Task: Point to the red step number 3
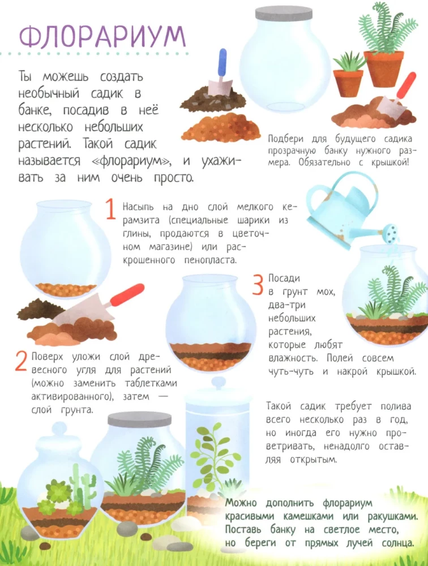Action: tap(258, 284)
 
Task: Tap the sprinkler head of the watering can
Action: tap(391, 231)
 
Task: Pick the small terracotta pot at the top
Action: tap(348, 82)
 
